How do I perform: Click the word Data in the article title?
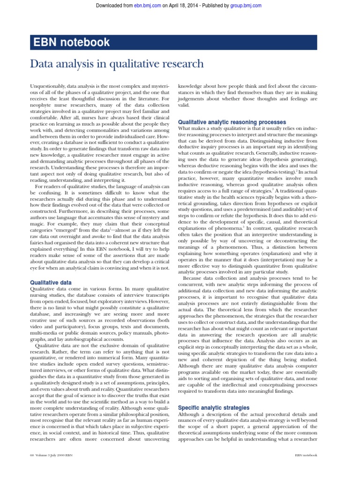42,64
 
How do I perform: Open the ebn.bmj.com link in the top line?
145,5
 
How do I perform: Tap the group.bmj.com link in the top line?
247,5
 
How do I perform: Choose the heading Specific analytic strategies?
213,407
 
